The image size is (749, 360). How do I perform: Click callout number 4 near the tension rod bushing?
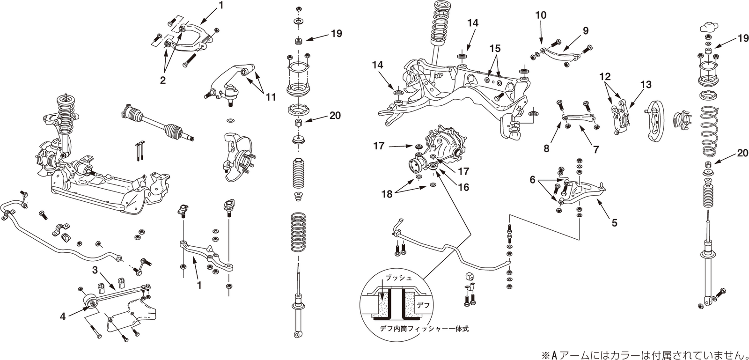pos(63,316)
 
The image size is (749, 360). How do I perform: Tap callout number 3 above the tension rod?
pos(95,270)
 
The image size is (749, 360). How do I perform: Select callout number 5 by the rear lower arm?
pos(614,223)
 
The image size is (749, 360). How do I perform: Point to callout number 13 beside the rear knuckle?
pos(646,85)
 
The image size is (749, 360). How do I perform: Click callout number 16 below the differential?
pos(463,187)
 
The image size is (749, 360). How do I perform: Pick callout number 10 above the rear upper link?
pos(541,15)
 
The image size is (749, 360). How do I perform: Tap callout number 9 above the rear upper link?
pos(585,31)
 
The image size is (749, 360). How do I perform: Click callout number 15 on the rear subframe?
pos(496,48)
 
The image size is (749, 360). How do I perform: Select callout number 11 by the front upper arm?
pos(270,97)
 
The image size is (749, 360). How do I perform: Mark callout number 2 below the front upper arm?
pos(162,80)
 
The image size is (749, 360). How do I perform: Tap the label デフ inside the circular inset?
pos(423,305)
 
